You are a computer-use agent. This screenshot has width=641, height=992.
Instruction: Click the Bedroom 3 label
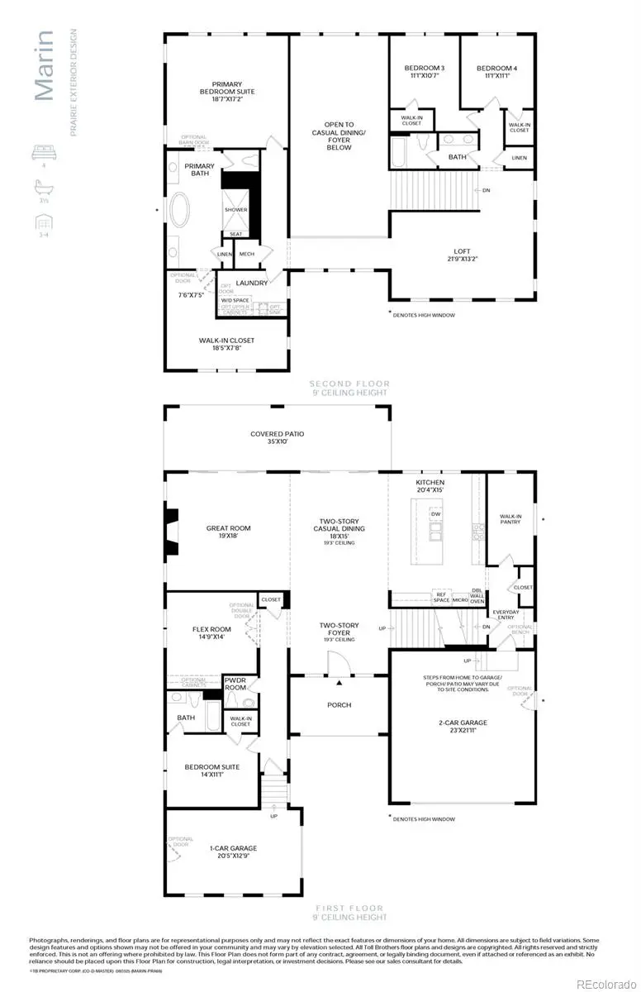pos(424,71)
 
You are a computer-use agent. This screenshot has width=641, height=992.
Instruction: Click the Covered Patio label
pos(277,437)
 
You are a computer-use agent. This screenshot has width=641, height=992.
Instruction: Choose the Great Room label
pos(228,532)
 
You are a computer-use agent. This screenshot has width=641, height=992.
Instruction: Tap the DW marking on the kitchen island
pos(434,513)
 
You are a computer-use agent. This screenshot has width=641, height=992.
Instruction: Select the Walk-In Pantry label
pos(510,518)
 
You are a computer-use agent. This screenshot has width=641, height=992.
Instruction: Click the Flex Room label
pos(211,633)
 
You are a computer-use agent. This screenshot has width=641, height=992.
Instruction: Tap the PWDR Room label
pos(236,684)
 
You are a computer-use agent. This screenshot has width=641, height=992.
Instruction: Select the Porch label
pos(339,704)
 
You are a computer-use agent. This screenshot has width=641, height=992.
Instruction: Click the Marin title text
pos(45,66)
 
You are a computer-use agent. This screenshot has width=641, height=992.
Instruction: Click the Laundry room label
pos(252,283)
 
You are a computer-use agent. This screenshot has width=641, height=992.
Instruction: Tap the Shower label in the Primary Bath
pos(235,210)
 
